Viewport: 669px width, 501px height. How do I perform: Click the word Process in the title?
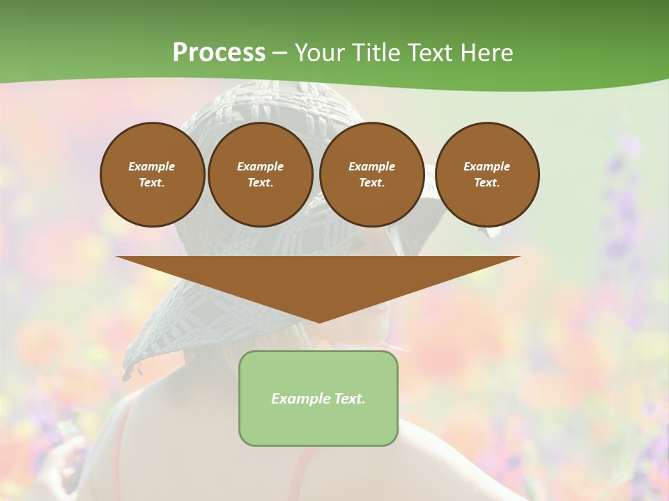[219, 53]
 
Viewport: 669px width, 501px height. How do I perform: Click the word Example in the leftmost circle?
[152, 166]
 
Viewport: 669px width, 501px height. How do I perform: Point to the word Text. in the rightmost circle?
[486, 182]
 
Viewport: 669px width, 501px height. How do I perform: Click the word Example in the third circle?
[371, 166]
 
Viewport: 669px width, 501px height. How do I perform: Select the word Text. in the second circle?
[260, 182]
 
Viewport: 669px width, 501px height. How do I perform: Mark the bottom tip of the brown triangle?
[318, 321]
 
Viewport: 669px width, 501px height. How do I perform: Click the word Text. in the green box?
[349, 399]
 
